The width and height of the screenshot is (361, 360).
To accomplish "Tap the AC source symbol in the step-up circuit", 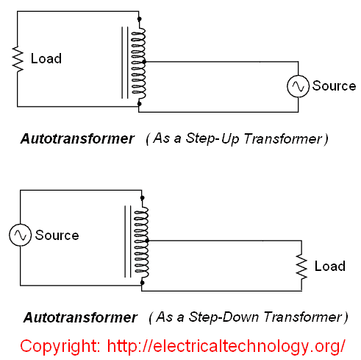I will (x=298, y=86).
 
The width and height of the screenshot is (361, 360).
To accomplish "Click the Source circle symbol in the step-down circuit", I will (x=19, y=236).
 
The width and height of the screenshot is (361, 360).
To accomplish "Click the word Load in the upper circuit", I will (x=46, y=58).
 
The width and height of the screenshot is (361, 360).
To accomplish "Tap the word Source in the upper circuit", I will (x=334, y=86).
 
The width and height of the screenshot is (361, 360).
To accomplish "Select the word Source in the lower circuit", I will (x=57, y=236).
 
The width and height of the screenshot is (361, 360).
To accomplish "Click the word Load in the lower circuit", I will (x=329, y=266).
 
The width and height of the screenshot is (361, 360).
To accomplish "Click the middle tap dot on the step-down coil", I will (x=148, y=241).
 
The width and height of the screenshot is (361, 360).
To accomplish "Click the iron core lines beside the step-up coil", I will (x=124, y=63).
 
